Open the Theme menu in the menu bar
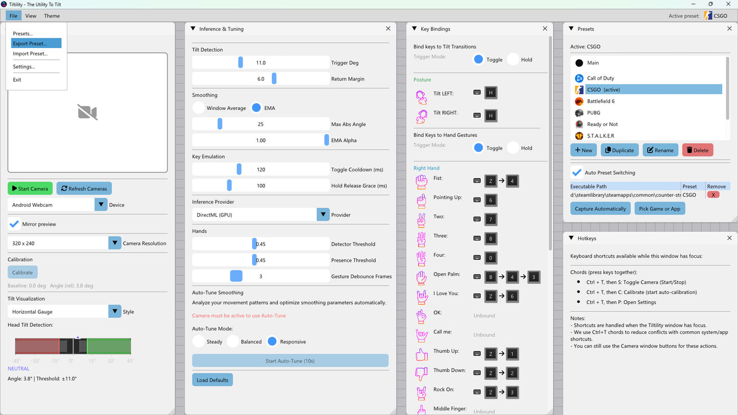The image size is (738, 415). [x=52, y=16]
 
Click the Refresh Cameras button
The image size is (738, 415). [x=84, y=188]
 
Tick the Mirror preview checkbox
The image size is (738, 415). [x=14, y=224]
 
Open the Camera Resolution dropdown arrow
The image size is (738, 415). [x=114, y=243]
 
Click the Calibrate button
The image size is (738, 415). [x=22, y=273]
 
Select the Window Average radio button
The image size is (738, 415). [x=199, y=108]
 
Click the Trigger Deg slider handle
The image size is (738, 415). [x=241, y=62]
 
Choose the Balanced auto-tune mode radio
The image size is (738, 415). [x=233, y=341]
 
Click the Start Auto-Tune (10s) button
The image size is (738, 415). [x=290, y=361]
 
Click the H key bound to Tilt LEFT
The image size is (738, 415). [x=491, y=93]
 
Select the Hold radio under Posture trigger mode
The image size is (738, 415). [x=513, y=59]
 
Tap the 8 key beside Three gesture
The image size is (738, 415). [x=491, y=238]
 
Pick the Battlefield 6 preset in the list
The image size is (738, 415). [x=601, y=101]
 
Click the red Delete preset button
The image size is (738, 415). [x=698, y=150]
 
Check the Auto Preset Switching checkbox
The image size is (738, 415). [x=577, y=173]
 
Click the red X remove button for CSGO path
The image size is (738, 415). [x=713, y=194]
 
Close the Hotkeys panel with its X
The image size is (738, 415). [x=729, y=238]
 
